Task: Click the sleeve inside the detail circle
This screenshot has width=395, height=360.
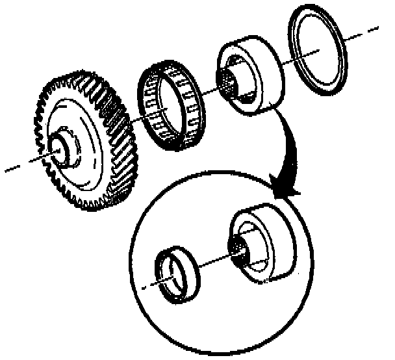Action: [263, 244]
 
